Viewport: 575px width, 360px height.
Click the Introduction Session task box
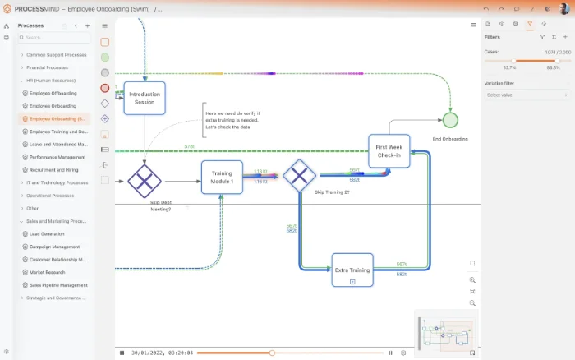pyautogui.click(x=145, y=98)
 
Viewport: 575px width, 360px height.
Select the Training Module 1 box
pyautogui.click(x=223, y=177)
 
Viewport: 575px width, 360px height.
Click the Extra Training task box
pyautogui.click(x=352, y=270)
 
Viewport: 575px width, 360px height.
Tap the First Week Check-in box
pyautogui.click(x=389, y=151)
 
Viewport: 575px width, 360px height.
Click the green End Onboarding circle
pyautogui.click(x=449, y=120)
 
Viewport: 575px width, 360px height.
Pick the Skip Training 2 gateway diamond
pyautogui.click(x=299, y=174)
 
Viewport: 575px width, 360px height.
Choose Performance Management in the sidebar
pyautogui.click(x=57, y=157)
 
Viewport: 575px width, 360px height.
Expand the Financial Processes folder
pyautogui.click(x=47, y=67)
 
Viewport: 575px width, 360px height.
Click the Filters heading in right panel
pyautogui.click(x=493, y=37)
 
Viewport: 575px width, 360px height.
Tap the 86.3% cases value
pyautogui.click(x=554, y=67)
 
